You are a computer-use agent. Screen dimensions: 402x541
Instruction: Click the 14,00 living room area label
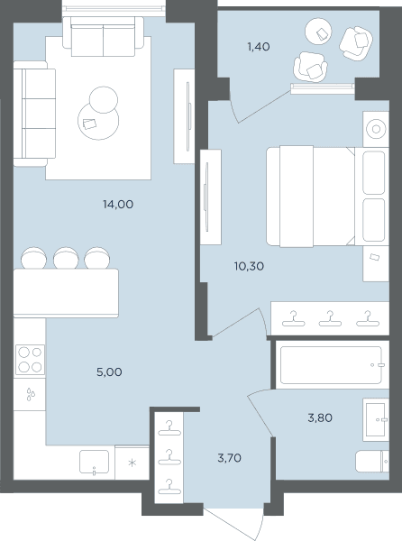pyautogui.click(x=118, y=205)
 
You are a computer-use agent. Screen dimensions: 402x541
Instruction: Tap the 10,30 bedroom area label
pyautogui.click(x=249, y=266)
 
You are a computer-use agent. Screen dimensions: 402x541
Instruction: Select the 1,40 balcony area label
pyautogui.click(x=259, y=47)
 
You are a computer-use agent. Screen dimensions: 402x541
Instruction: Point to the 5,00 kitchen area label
pyautogui.click(x=109, y=371)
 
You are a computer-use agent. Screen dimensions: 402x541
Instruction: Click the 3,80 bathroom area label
pyautogui.click(x=320, y=418)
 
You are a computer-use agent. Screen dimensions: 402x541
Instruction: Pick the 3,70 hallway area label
pyautogui.click(x=229, y=458)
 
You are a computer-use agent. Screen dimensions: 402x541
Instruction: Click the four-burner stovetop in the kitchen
pyautogui.click(x=30, y=360)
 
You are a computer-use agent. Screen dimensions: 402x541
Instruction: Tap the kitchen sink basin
pyautogui.click(x=94, y=462)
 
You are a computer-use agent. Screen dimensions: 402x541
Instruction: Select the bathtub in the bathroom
pyautogui.click(x=331, y=365)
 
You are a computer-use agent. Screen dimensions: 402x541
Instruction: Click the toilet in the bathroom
pyautogui.click(x=371, y=461)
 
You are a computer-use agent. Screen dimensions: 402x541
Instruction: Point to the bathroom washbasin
pyautogui.click(x=375, y=419)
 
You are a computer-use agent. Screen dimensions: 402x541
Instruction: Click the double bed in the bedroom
pyautogui.click(x=327, y=197)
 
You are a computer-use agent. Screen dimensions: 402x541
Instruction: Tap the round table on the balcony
pyautogui.click(x=318, y=32)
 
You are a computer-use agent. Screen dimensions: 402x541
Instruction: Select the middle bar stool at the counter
pyautogui.click(x=66, y=258)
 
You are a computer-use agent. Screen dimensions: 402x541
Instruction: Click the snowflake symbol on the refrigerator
pyautogui.click(x=132, y=463)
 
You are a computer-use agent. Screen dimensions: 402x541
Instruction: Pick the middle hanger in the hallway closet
pyautogui.click(x=169, y=456)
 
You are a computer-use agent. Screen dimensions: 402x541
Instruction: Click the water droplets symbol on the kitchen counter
pyautogui.click(x=31, y=394)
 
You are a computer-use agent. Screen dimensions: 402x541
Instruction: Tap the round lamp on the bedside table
pyautogui.click(x=376, y=129)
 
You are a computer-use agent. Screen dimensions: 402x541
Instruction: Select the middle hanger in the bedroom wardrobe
pyautogui.click(x=330, y=318)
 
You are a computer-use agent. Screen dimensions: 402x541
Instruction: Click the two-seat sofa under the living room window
pyautogui.click(x=103, y=37)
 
